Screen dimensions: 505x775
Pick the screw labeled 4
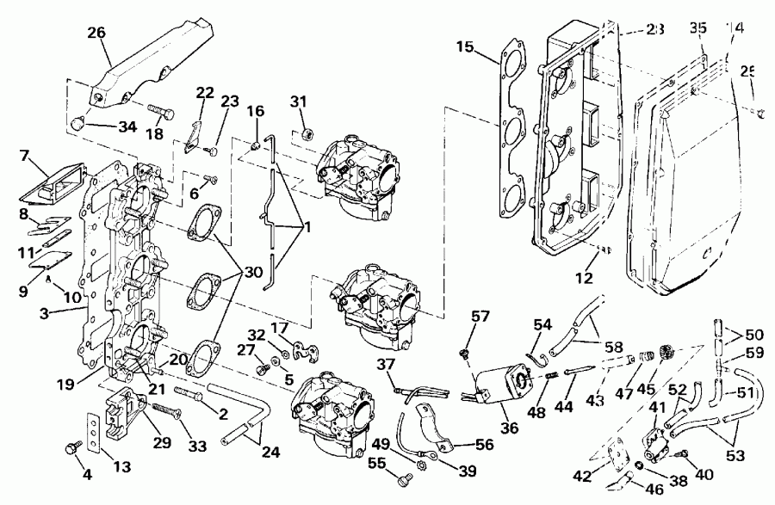click(71, 448)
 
